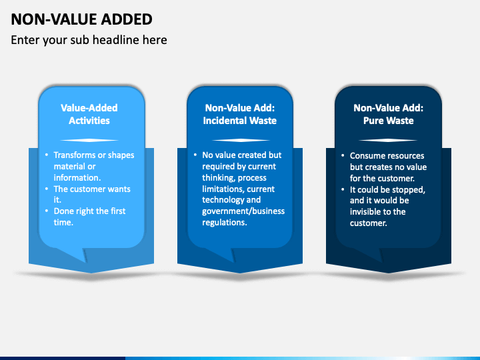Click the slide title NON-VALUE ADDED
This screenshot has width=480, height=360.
pos(81,19)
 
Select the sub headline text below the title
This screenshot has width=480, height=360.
pos(89,40)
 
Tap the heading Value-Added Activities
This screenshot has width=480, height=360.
pos(89,114)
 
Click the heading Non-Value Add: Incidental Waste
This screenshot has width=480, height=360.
pos(239,114)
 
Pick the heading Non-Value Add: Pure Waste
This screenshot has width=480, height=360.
pos(388,114)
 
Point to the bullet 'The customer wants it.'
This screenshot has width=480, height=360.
pos(91,194)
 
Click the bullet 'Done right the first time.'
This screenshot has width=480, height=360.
pos(89,217)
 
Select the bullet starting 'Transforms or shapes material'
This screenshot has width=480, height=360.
pos(93,166)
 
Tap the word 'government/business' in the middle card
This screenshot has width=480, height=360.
pos(243,211)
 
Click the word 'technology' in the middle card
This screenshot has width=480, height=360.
pos(223,200)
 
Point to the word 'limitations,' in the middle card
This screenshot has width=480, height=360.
pos(224,189)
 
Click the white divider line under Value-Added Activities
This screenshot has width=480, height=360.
pos(89,140)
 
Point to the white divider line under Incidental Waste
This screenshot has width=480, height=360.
pos(239,140)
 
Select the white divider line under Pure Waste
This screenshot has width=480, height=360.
pos(388,140)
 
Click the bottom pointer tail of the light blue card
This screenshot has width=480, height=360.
pos(85,255)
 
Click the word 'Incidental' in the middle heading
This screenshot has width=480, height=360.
pos(226,121)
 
